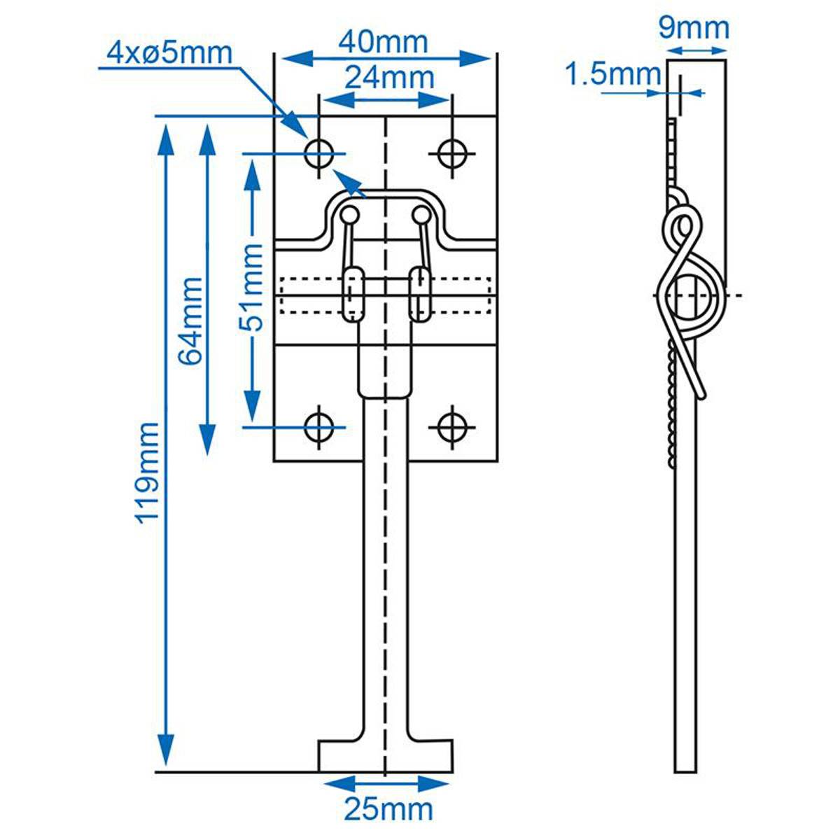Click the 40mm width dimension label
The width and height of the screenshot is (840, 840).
(x=383, y=43)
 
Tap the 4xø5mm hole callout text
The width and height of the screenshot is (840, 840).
(x=169, y=52)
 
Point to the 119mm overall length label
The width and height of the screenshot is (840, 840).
(x=146, y=472)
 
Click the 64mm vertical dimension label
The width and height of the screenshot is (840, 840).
(x=190, y=321)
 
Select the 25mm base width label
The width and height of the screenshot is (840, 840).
(x=388, y=809)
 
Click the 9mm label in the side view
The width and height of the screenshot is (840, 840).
(x=694, y=28)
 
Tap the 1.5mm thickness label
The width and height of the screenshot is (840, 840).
(x=612, y=74)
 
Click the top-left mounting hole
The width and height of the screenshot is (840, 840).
(x=319, y=153)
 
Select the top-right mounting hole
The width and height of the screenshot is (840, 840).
(x=453, y=153)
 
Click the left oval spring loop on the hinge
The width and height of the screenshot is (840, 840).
(x=352, y=294)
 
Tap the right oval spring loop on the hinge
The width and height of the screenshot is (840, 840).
(x=420, y=294)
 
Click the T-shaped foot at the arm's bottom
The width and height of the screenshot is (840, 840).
(x=386, y=756)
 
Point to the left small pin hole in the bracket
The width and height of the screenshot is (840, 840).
(x=351, y=213)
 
